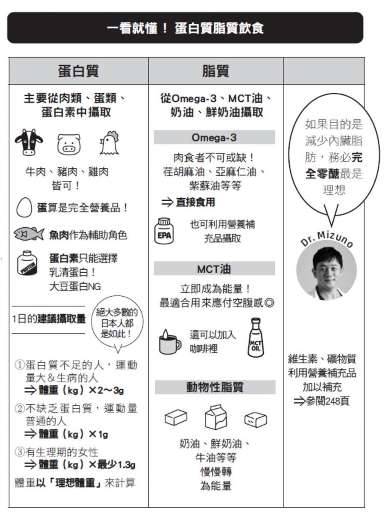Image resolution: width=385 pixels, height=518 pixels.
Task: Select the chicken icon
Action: coord(109,143)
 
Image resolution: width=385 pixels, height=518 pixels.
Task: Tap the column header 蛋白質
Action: coord(78,71)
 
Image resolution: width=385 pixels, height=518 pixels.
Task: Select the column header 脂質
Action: coord(216,71)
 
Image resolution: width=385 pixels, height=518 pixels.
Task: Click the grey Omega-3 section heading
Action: coord(214,137)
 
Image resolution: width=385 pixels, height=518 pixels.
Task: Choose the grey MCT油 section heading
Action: coord(214,269)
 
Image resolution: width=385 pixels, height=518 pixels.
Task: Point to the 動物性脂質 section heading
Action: coord(214,387)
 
